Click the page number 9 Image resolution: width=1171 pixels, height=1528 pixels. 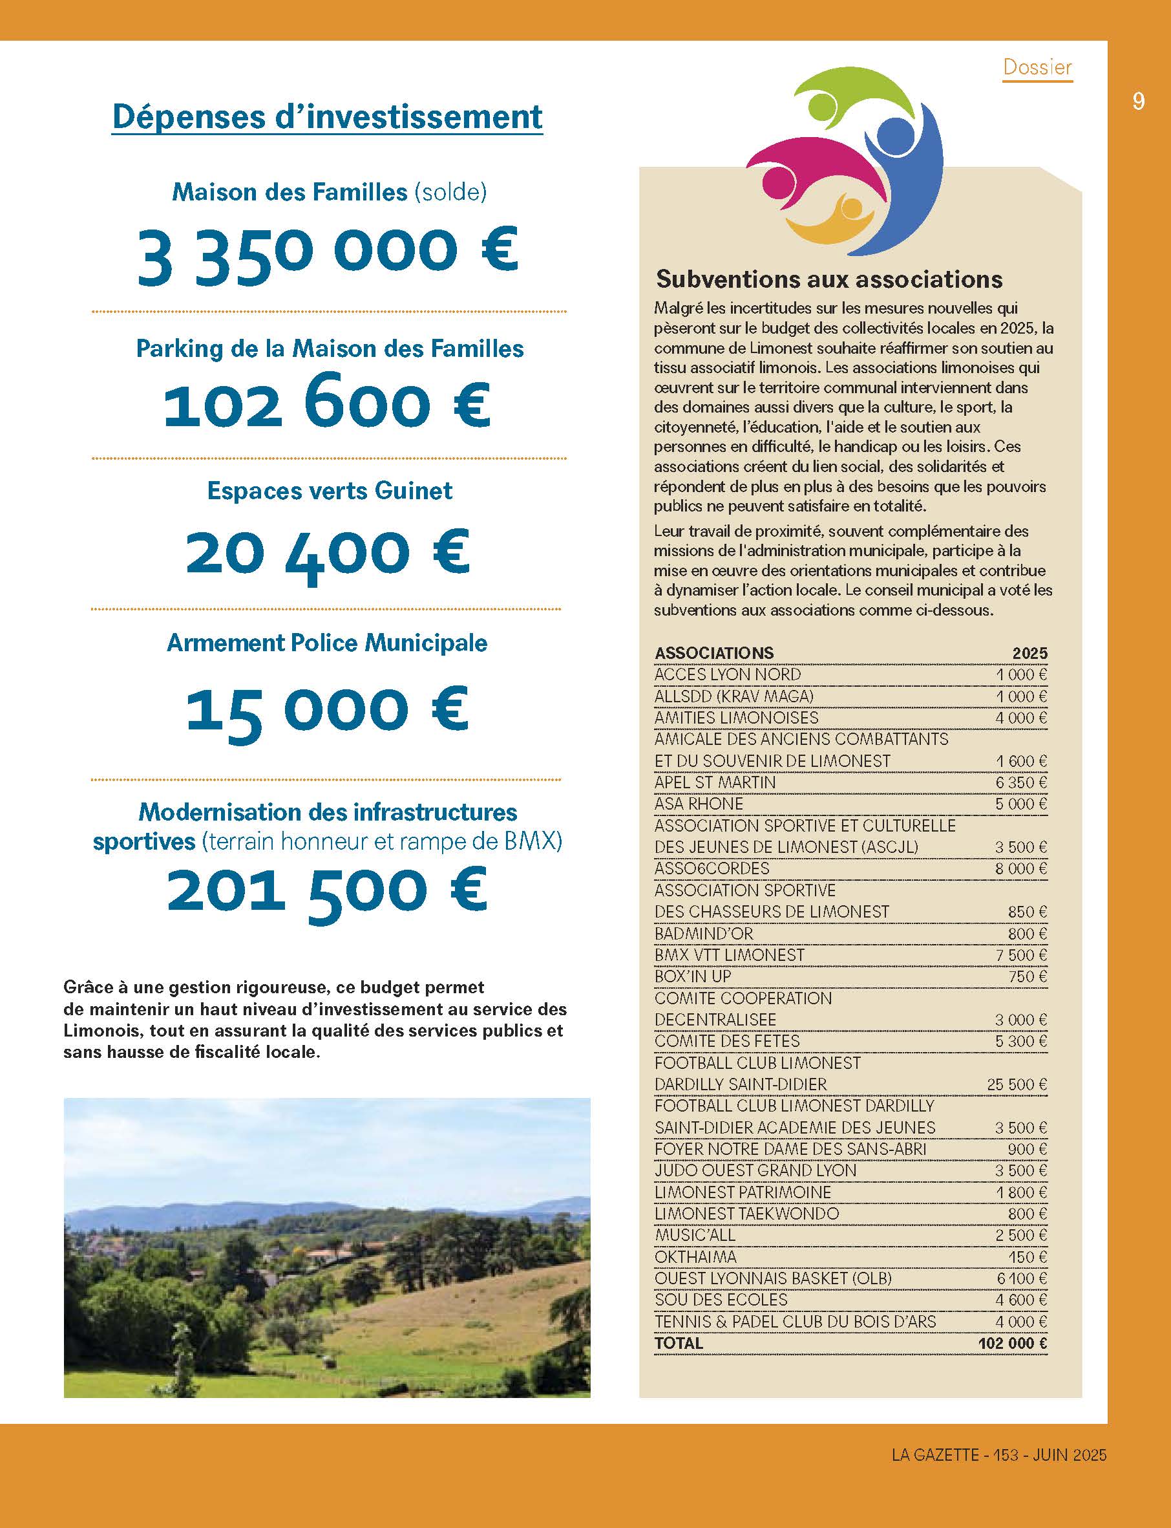(x=1137, y=102)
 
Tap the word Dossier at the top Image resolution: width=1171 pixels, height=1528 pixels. (x=1037, y=67)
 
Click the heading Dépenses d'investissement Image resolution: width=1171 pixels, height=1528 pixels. (x=327, y=116)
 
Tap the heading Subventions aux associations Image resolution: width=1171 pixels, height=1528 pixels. (x=828, y=279)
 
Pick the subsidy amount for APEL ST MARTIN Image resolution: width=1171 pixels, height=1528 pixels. (x=1020, y=782)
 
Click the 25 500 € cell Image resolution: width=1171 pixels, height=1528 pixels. (x=1017, y=1084)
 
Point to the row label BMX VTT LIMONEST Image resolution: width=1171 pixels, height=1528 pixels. (x=729, y=954)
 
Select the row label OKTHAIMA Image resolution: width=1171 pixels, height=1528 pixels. (x=695, y=1256)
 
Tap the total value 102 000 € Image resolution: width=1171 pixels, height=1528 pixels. (x=1012, y=1343)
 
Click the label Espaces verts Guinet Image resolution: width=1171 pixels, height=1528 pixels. (x=330, y=491)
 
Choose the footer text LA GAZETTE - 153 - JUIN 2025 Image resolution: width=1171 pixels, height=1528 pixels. (x=999, y=1455)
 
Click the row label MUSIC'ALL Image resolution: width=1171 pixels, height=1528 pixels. (x=694, y=1235)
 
